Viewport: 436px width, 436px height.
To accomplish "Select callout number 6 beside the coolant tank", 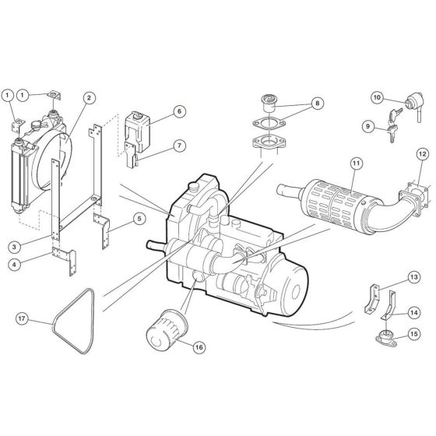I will (178, 111).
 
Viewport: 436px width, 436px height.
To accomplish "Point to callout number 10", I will (376, 98).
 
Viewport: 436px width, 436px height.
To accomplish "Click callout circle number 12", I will (421, 153).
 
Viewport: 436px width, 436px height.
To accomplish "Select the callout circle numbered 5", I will (138, 218).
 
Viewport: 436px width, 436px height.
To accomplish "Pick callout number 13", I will (413, 276).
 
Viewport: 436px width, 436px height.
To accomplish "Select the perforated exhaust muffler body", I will (330, 209).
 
